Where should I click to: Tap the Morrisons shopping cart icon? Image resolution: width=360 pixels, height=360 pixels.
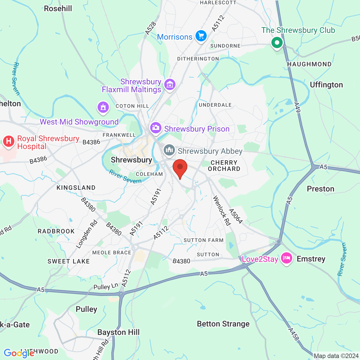(201, 36)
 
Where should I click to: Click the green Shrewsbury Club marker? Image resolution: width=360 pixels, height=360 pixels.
(277, 43)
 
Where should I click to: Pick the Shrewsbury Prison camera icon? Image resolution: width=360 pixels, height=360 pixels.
(156, 128)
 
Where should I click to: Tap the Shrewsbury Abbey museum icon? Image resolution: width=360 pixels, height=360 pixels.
(169, 150)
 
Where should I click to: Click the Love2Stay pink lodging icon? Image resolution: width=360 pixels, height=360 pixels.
(287, 258)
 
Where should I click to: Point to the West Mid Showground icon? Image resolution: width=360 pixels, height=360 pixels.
(103, 107)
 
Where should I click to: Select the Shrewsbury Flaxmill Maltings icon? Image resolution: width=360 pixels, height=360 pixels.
(170, 84)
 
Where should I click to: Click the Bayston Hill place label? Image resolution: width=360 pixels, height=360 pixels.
(118, 332)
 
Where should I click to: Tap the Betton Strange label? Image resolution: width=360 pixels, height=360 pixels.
(223, 324)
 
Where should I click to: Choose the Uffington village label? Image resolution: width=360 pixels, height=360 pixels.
(326, 85)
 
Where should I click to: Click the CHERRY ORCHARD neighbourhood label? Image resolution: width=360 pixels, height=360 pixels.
(224, 166)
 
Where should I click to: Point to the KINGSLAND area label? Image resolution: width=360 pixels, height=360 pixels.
(76, 188)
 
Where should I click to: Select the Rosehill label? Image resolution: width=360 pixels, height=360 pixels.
(58, 8)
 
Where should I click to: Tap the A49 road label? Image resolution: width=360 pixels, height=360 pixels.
(297, 107)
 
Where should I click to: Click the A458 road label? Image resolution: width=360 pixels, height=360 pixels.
(293, 334)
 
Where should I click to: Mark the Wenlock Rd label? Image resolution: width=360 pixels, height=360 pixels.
(222, 211)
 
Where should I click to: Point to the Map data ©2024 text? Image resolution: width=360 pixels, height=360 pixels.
(336, 356)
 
